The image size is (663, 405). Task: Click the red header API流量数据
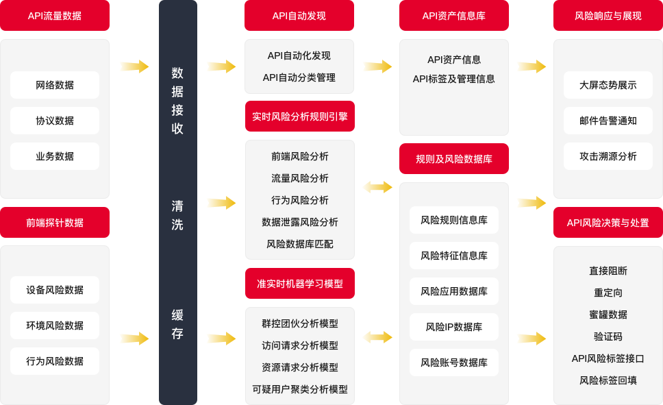[55, 16]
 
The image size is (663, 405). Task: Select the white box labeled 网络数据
[55, 85]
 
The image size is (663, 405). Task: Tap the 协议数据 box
[55, 121]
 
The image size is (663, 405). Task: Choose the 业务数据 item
[55, 156]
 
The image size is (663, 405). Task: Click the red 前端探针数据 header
[55, 222]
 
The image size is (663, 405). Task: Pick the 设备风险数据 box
[55, 290]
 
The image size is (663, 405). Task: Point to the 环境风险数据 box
[55, 326]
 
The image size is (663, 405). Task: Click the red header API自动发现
[299, 16]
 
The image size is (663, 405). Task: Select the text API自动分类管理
[299, 77]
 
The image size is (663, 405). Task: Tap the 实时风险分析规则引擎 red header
[300, 116]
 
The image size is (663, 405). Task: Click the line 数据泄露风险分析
[300, 222]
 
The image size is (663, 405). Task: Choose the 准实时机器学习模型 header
[300, 283]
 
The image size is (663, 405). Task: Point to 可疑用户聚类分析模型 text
[300, 389]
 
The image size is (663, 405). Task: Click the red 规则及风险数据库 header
[453, 159]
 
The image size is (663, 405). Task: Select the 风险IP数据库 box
[453, 327]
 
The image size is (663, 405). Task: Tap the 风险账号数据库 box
[453, 363]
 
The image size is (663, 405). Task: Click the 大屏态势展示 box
[608, 85]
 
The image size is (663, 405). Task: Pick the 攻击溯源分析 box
[608, 156]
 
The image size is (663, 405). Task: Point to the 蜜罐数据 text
[608, 315]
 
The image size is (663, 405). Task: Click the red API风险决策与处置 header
[608, 222]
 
